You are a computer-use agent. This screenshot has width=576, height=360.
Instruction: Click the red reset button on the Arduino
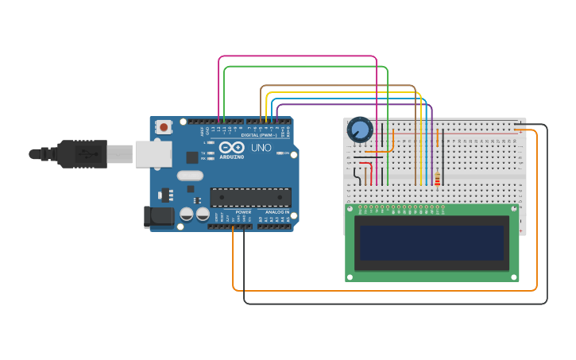[x=164, y=126]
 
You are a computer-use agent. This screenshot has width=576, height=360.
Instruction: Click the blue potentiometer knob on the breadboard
[x=360, y=129]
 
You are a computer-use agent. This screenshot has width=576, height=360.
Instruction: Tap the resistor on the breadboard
[x=437, y=180]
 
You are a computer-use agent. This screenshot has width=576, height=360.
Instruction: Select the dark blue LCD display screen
[x=431, y=242]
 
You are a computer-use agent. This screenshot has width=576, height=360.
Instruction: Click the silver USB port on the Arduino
[x=153, y=153]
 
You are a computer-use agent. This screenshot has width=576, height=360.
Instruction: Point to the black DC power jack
[x=158, y=217]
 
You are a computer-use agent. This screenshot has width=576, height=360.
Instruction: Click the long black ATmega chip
[x=250, y=197]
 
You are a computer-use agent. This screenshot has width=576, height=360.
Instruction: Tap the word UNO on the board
[x=261, y=148]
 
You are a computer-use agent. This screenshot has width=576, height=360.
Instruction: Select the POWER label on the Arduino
[x=243, y=212]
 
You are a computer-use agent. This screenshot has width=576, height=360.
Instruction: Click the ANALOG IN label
[x=277, y=212]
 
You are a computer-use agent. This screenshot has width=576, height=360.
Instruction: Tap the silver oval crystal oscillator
[x=190, y=175]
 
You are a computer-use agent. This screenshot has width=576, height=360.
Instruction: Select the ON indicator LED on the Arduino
[x=280, y=153]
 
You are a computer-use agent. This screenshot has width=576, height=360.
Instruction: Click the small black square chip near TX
[x=191, y=157]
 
